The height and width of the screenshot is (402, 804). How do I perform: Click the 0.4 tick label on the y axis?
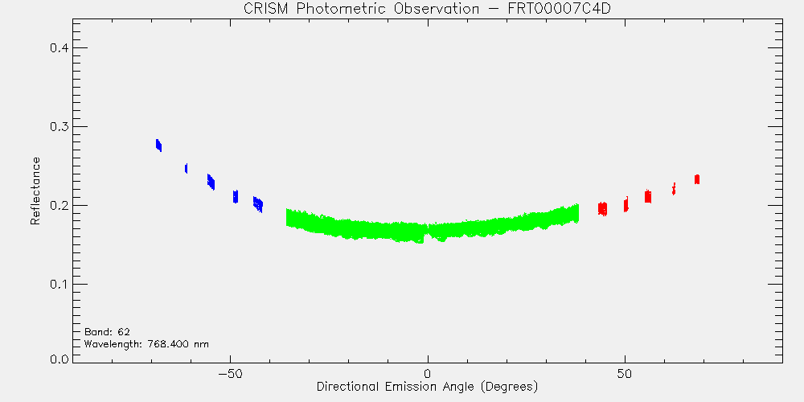click(59, 48)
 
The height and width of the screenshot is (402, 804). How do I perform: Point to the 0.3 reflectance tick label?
click(59, 127)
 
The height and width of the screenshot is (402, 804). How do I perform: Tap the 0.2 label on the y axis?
click(59, 206)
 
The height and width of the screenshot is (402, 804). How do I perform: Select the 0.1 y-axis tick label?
click(59, 285)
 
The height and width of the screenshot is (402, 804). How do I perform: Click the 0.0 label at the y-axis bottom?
click(59, 359)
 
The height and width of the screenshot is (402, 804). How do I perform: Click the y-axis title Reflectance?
click(35, 191)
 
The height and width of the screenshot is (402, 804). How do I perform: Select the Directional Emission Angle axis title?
click(427, 386)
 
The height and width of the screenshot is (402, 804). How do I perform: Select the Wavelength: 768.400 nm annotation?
click(146, 344)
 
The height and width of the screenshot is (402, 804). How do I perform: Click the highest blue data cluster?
click(159, 145)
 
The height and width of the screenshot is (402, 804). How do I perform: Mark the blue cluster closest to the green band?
click(258, 204)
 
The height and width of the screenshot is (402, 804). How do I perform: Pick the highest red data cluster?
click(697, 179)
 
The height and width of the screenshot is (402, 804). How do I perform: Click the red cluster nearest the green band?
click(602, 209)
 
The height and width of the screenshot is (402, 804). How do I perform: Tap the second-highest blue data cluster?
click(187, 168)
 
